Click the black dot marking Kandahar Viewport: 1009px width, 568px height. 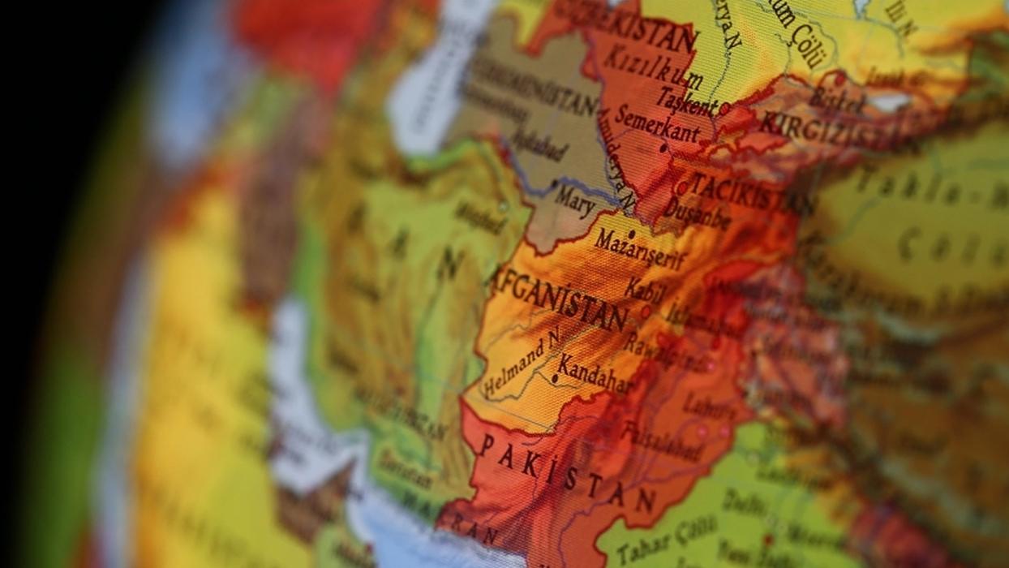[x=554, y=378]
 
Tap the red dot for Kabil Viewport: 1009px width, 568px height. [x=646, y=309]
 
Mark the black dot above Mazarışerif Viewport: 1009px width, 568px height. [x=631, y=234]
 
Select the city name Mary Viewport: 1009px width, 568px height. [x=574, y=200]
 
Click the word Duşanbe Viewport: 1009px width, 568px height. [x=697, y=212]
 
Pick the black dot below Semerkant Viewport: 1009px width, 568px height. [x=663, y=148]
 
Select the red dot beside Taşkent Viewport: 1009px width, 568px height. [x=723, y=106]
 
